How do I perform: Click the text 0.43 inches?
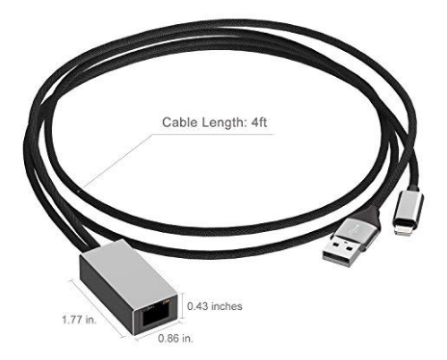coord(215,306)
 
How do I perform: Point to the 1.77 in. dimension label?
coord(79,320)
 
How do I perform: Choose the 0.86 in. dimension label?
coord(175,338)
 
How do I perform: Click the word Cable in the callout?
coord(180,122)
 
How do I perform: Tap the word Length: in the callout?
coord(223,122)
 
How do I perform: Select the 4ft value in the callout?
coord(258,122)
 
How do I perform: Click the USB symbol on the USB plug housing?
coord(357,228)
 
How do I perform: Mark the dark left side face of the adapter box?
coord(106,297)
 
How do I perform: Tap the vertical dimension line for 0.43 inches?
coord(183,306)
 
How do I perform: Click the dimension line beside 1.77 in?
coord(97,308)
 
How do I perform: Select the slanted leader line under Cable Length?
coord(118,160)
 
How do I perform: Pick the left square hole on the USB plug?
coord(335,245)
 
